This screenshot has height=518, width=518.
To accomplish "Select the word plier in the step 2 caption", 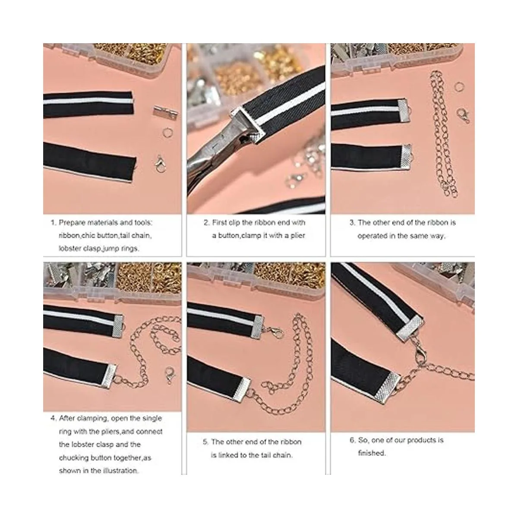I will [297, 235].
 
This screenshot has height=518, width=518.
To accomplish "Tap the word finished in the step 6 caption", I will [372, 453].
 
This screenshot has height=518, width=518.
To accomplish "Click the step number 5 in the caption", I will [205, 442].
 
